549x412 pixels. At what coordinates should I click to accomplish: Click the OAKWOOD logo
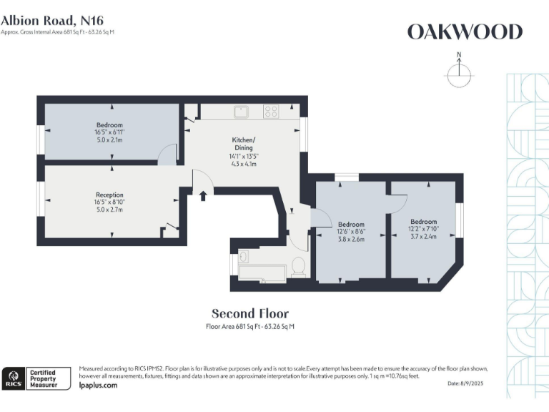[465, 31]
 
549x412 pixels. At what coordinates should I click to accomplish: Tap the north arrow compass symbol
[458, 73]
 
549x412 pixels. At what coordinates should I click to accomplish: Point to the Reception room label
[109, 195]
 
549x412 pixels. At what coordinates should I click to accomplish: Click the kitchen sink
[241, 111]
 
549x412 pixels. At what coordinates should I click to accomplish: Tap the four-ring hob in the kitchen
[271, 111]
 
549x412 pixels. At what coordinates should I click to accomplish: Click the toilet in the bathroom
[299, 266]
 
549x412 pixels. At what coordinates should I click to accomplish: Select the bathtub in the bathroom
[263, 272]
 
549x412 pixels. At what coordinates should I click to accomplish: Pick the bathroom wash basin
[246, 255]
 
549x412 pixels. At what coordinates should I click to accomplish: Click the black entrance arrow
[204, 195]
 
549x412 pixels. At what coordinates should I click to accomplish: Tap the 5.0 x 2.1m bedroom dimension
[109, 140]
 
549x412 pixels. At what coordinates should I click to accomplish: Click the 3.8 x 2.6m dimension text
[351, 240]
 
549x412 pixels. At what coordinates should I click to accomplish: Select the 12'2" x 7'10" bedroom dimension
[424, 229]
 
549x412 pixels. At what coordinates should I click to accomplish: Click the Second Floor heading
[250, 313]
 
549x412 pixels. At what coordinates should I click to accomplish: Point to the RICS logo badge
[12, 377]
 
